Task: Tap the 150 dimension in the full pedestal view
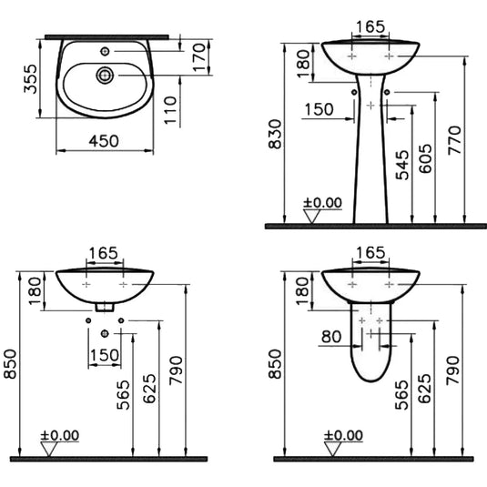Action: point(319,109)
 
